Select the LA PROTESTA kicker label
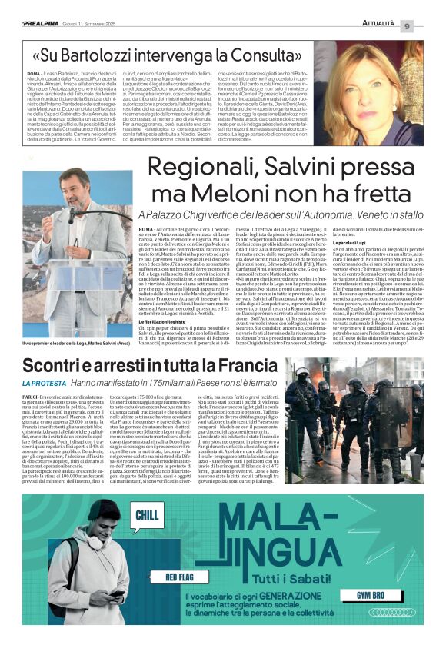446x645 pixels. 44,384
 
